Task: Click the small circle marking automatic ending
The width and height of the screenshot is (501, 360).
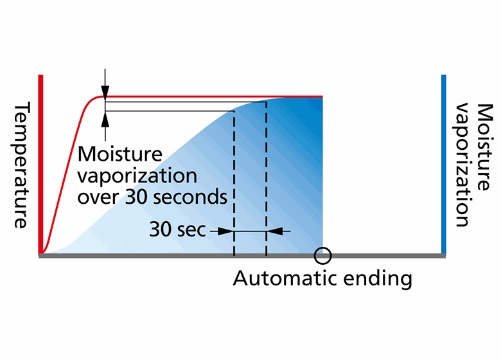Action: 322,255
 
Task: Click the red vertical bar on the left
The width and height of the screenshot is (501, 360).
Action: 40,164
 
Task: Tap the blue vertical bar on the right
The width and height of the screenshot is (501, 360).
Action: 443,164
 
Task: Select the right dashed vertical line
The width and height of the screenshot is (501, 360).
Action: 266,180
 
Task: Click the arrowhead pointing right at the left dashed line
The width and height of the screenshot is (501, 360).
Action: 228,231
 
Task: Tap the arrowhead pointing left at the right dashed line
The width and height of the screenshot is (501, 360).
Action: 272,231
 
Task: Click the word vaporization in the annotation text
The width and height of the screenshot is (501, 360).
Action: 137,175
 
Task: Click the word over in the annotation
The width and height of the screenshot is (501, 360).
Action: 100,197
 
